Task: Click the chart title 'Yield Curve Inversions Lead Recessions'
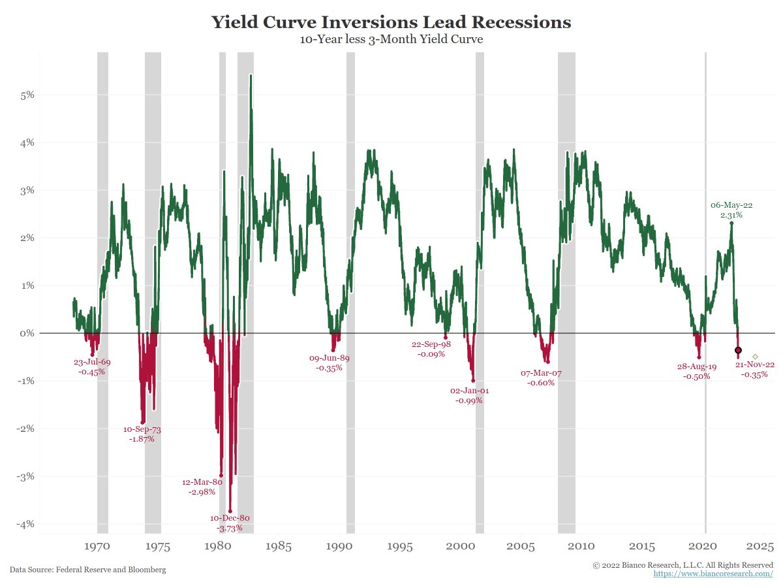[x=391, y=22]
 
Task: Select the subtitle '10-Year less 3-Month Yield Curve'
[x=391, y=40]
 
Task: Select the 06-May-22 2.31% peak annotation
[x=731, y=210]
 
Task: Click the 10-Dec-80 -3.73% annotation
[x=230, y=523]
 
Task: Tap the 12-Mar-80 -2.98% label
[x=202, y=487]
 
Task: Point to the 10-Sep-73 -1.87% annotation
[x=142, y=434]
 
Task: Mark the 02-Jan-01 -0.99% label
[x=469, y=395]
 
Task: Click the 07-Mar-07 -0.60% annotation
[x=541, y=378]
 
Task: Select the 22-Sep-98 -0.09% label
[x=431, y=349]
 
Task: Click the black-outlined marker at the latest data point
[x=738, y=350]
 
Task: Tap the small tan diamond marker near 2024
[x=755, y=356]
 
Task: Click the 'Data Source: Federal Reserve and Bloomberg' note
[x=87, y=570]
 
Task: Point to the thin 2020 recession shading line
[x=705, y=196]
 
